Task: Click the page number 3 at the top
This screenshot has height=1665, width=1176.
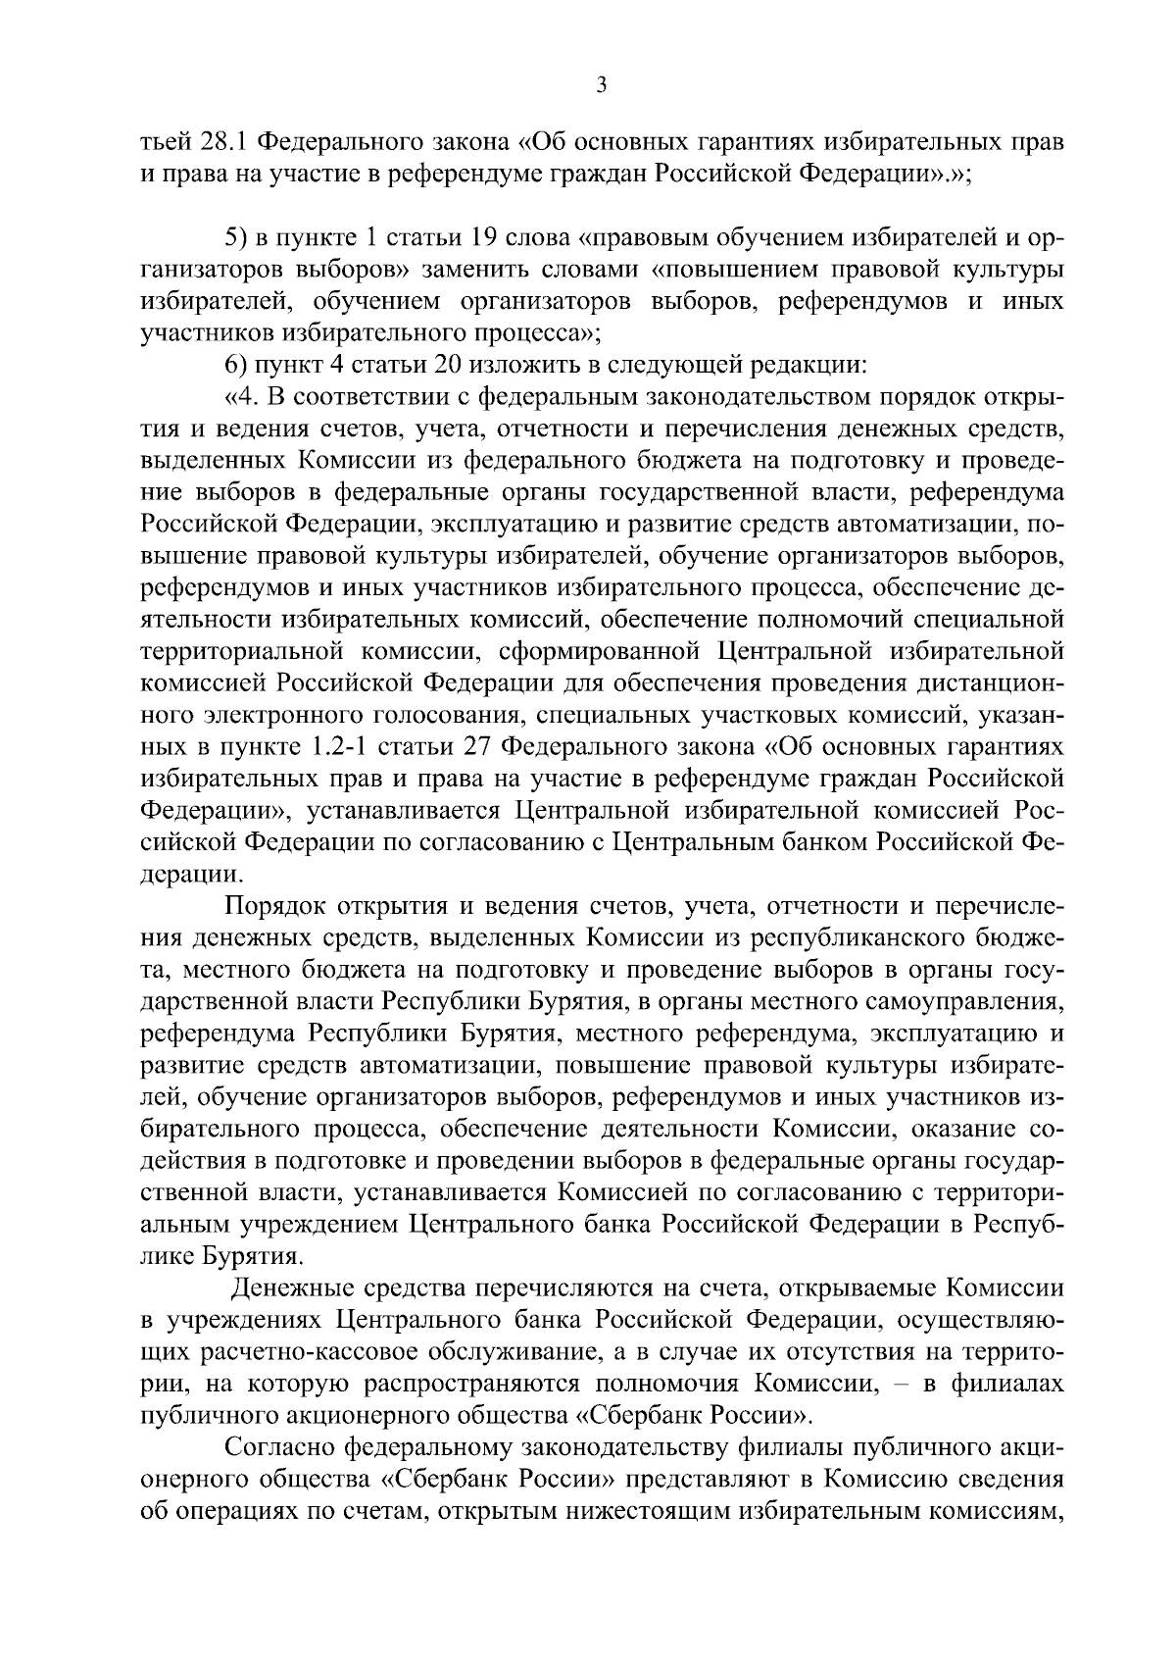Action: pos(601,86)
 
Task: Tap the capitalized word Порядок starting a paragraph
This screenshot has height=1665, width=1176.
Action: pos(274,908)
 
